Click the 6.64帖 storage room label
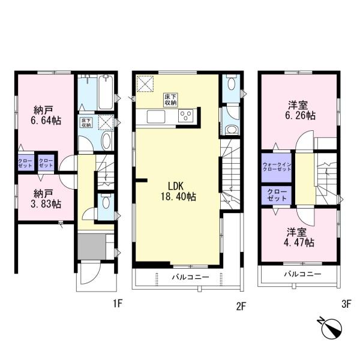point(46,115)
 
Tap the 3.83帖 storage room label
point(46,199)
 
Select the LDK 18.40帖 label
point(178,191)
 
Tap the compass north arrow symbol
point(331,327)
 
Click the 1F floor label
point(118,304)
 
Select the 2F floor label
point(241,306)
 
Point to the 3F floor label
point(346,304)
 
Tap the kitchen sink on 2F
point(156,116)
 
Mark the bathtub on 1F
point(106,92)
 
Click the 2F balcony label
point(191,277)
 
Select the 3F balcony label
point(302,274)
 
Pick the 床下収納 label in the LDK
point(170,100)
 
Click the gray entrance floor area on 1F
point(92,247)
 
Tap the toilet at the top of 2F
point(231,83)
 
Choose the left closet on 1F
point(25,163)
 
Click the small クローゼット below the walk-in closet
point(277,195)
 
